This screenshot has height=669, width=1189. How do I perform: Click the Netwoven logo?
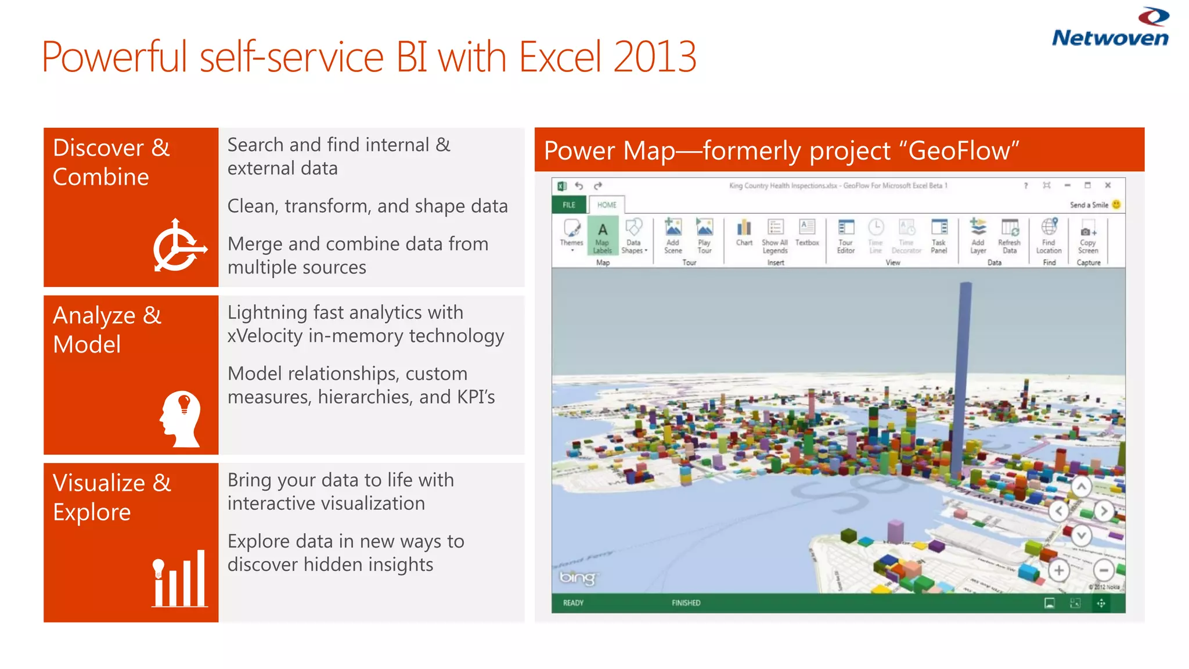tap(1110, 28)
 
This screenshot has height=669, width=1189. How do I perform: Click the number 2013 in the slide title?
tap(654, 57)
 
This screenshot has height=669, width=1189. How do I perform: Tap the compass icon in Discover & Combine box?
tap(179, 246)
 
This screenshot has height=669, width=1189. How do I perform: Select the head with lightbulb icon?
tap(181, 419)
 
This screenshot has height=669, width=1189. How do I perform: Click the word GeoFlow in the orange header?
tap(959, 151)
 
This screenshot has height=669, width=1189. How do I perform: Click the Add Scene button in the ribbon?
tap(673, 236)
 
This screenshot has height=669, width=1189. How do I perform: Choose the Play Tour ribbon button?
tap(704, 236)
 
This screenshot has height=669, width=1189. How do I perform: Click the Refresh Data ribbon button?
tap(1009, 236)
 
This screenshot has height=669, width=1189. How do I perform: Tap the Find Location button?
tap(1049, 236)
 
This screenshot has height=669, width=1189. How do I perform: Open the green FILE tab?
tap(569, 205)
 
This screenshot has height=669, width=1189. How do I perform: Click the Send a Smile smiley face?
tap(1116, 204)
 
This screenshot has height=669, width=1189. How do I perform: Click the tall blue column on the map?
tap(961, 377)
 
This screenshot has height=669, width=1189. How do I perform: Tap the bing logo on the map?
tap(577, 577)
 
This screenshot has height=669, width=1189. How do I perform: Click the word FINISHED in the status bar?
tap(686, 603)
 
